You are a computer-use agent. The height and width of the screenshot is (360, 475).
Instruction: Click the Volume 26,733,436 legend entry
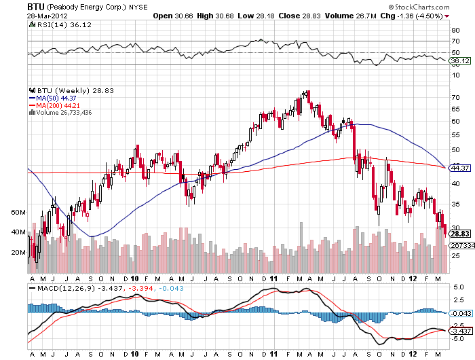click(65, 112)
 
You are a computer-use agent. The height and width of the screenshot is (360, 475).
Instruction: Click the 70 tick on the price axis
click(455, 97)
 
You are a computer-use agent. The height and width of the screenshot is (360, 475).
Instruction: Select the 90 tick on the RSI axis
click(455, 30)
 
